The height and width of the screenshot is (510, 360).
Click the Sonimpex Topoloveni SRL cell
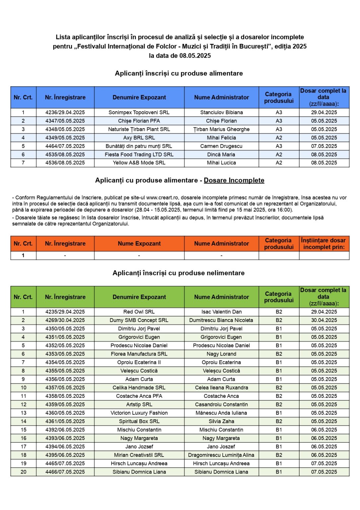pyautogui.click(x=139, y=113)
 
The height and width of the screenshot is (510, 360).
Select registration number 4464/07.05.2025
pyautogui.click(x=65, y=146)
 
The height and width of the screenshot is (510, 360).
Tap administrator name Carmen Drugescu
pyautogui.click(x=221, y=146)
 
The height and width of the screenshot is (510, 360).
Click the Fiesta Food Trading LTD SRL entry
pyautogui.click(x=139, y=154)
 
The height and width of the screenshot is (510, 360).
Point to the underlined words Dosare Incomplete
pyautogui.click(x=234, y=180)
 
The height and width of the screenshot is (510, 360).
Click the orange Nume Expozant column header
pyautogui.click(x=139, y=244)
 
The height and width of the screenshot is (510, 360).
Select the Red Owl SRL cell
pyautogui.click(x=139, y=312)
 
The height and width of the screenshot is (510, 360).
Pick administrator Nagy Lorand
pyautogui.click(x=221, y=354)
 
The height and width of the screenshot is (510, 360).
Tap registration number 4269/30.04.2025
pyautogui.click(x=65, y=320)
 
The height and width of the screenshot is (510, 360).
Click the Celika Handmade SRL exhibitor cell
pyautogui.click(x=139, y=388)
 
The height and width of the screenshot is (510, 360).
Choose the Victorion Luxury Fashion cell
pyautogui.click(x=139, y=413)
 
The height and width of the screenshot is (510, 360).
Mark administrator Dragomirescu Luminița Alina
pyautogui.click(x=221, y=455)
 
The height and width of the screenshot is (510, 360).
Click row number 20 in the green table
pyautogui.click(x=23, y=472)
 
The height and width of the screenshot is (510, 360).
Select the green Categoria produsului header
pyautogui.click(x=279, y=297)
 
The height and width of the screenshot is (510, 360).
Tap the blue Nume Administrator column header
pyautogui.click(x=221, y=97)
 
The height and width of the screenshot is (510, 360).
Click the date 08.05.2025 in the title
pyautogui.click(x=195, y=56)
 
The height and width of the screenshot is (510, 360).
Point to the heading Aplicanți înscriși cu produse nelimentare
pyautogui.click(x=179, y=273)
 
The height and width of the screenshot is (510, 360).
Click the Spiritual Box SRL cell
pyautogui.click(x=139, y=421)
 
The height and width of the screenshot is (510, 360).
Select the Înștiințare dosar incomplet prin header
pyautogui.click(x=324, y=244)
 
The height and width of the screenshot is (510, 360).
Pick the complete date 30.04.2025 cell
pyautogui.click(x=324, y=320)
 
